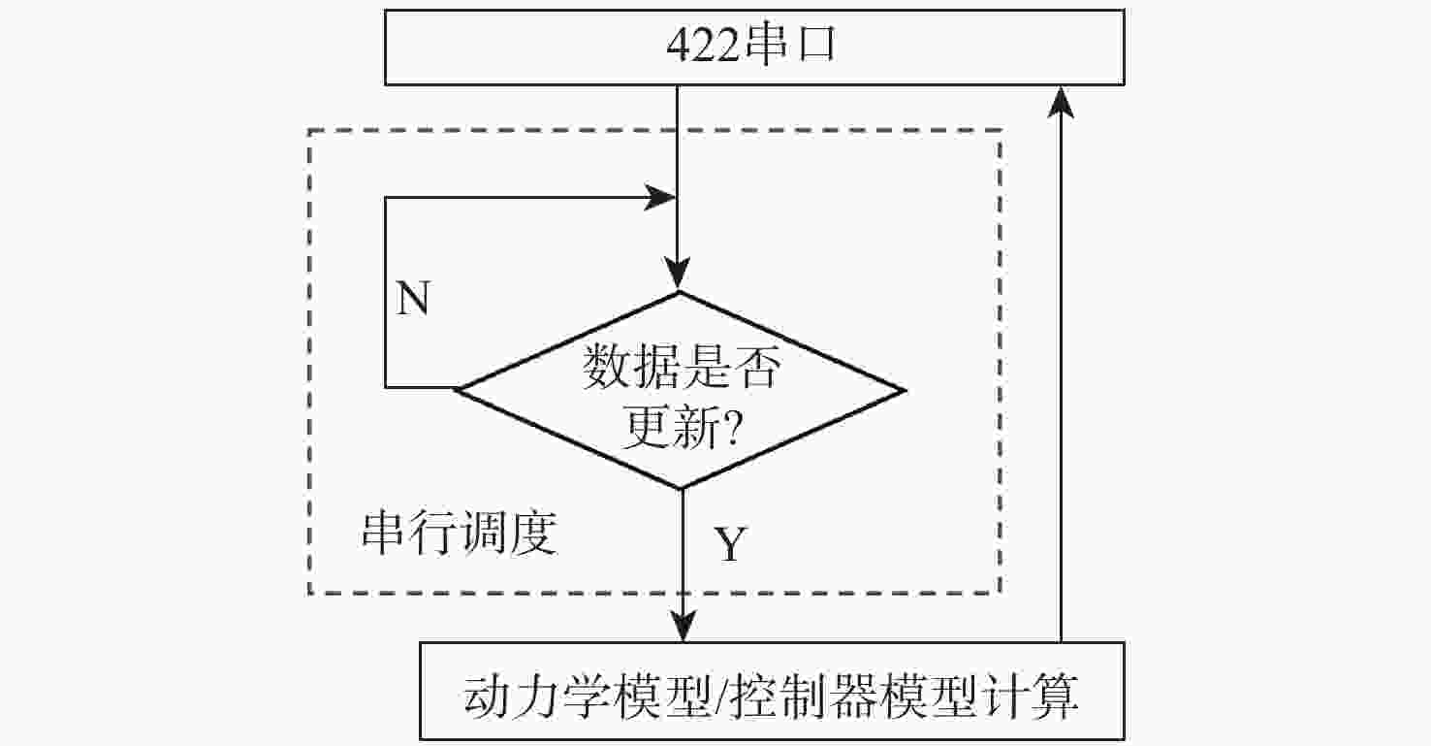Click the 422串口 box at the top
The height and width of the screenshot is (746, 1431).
coord(754,48)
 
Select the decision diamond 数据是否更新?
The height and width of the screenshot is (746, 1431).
coord(680,390)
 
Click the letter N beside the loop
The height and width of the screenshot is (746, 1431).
coord(413,300)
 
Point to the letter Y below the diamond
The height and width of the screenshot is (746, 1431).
coord(730,545)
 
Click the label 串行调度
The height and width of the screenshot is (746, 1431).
coord(459,532)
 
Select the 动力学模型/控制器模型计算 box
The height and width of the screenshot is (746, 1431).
coord(772,692)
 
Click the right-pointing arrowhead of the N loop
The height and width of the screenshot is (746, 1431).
coord(662,198)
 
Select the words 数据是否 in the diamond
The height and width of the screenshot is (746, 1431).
coord(680,368)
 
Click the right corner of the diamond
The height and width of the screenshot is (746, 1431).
coord(901,391)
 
